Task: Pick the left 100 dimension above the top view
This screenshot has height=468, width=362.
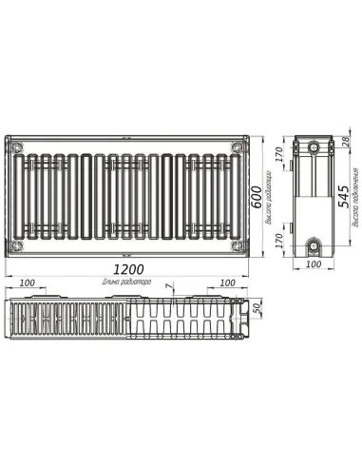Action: (x=27, y=283)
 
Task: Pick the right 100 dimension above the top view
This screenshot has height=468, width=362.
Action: (x=227, y=283)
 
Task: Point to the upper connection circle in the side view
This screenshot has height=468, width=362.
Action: (x=314, y=148)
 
